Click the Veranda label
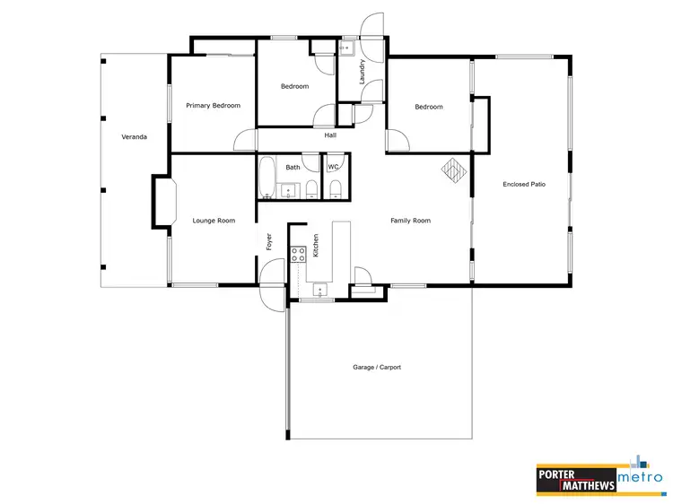point(134,137)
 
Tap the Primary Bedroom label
point(213,106)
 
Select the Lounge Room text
point(214,220)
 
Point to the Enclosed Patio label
point(524,184)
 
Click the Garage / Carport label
point(377,367)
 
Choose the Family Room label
point(410,220)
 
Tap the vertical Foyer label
point(268,241)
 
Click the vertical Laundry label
point(362,72)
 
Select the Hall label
point(330,135)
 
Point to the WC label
point(333,167)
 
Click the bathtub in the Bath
point(267,178)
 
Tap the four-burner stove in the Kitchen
point(298,254)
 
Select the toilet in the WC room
point(335,187)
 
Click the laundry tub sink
point(346,49)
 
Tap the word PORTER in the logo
point(560,474)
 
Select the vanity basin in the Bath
point(288,188)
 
